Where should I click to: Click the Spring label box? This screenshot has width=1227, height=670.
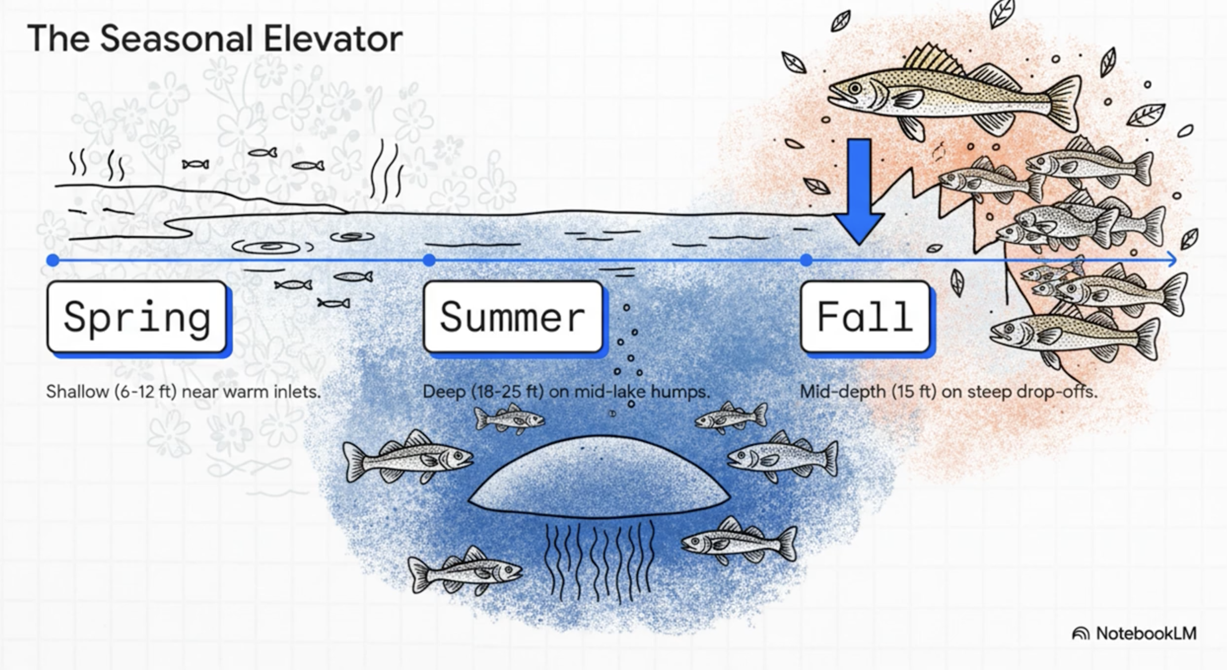tap(137, 317)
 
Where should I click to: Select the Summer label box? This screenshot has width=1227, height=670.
tap(513, 317)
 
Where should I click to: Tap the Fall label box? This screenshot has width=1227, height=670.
tap(865, 317)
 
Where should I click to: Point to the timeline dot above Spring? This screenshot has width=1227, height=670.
tap(53, 260)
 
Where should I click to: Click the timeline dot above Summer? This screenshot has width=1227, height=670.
tap(429, 260)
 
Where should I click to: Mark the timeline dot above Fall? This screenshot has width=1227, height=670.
tap(806, 260)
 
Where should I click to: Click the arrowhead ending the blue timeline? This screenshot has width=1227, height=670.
tap(1172, 259)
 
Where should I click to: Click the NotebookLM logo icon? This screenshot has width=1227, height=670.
tap(1080, 634)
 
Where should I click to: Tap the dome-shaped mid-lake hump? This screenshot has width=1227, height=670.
tap(599, 476)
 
